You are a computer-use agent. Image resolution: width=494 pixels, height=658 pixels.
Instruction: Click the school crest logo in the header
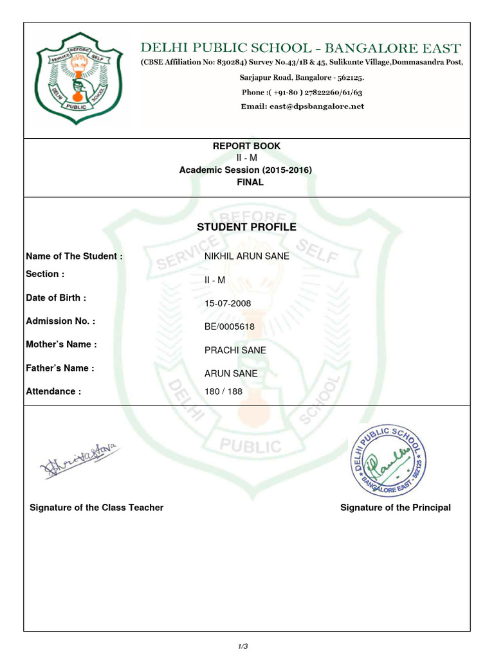[x=86, y=79]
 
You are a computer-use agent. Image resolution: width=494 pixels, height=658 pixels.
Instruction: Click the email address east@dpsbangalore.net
[x=302, y=106]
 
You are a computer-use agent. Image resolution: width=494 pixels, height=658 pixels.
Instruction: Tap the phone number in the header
[x=302, y=92]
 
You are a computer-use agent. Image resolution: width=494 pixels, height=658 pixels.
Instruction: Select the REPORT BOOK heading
[x=247, y=146]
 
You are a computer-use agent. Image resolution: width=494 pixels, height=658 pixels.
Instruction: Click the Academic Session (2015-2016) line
[x=247, y=170]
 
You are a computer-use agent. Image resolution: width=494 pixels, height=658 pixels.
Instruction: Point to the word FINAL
[x=247, y=182]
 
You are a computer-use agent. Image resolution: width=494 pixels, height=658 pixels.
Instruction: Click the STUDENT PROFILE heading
[x=247, y=227]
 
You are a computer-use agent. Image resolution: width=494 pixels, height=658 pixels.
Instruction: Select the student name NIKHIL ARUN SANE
[x=246, y=256]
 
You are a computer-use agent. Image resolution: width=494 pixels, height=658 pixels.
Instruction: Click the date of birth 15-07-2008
[x=228, y=303]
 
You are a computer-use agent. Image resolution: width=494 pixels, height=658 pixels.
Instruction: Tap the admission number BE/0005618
[x=230, y=326]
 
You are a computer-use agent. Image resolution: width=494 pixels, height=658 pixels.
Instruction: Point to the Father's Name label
[x=60, y=368]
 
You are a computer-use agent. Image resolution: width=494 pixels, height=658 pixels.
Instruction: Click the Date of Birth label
[x=56, y=298]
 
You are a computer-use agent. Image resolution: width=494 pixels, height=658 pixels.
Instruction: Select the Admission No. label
[x=60, y=321]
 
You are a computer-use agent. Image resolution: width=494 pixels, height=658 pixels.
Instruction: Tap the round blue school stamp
[x=388, y=458]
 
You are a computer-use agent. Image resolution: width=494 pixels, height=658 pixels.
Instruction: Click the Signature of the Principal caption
[x=395, y=508]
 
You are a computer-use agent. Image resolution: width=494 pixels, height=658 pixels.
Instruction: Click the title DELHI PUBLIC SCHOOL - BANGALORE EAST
[x=301, y=48]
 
